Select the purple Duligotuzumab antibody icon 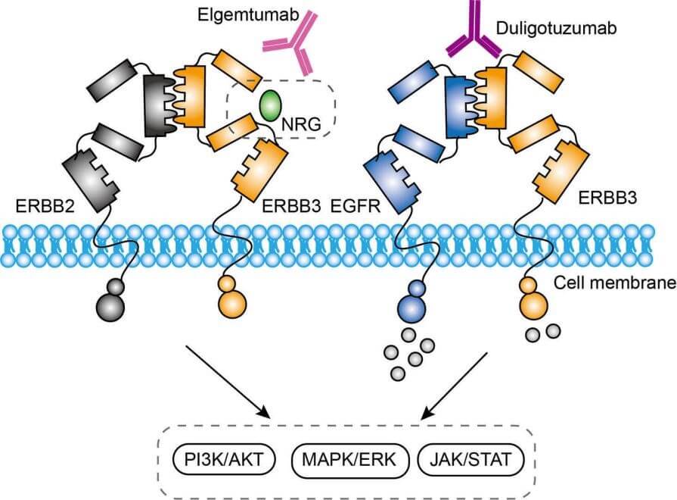tap(476, 35)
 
